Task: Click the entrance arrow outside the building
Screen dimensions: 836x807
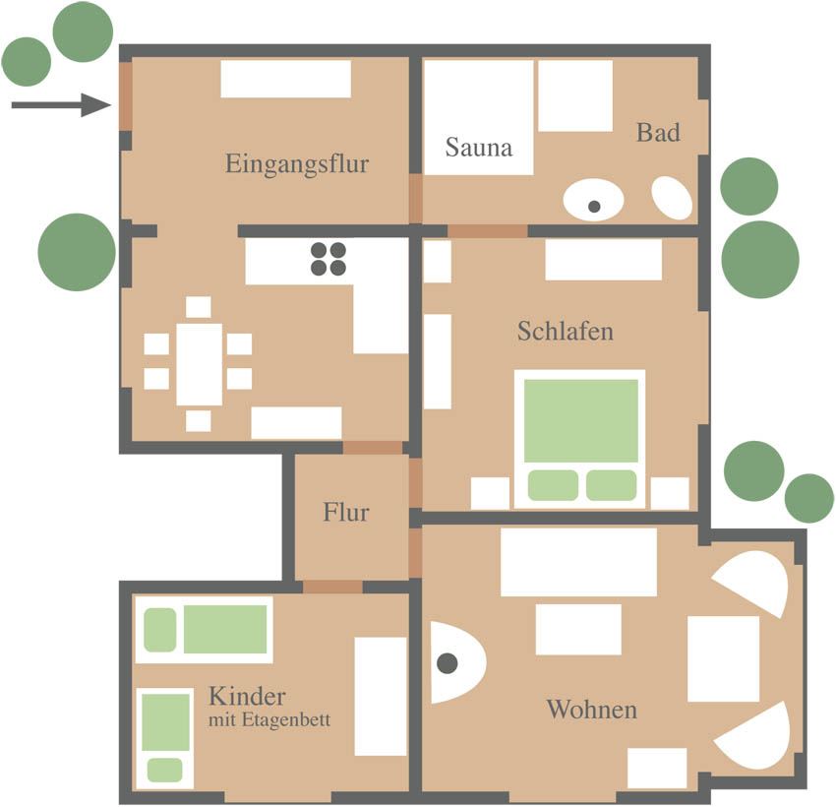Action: point(61,104)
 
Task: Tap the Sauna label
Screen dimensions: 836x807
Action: point(479,148)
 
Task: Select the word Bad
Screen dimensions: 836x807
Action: point(658,132)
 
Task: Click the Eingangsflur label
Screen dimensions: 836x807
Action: point(297,163)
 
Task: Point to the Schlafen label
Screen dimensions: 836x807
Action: point(566,332)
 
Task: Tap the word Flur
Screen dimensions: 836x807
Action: point(346,512)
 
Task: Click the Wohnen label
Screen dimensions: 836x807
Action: point(592,710)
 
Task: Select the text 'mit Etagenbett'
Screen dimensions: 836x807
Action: point(269,720)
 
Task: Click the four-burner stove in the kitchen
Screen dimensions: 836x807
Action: point(328,259)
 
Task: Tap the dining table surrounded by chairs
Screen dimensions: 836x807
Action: point(200,364)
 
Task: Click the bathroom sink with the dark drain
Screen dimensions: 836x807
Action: point(593,201)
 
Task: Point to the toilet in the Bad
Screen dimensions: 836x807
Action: point(672,198)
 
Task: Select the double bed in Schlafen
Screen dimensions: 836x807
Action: point(580,438)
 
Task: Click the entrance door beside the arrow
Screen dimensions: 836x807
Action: point(125,96)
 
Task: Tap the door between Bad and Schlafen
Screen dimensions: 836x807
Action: point(487,231)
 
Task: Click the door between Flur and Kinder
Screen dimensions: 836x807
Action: point(332,587)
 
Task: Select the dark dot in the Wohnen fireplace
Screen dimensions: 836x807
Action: point(448,663)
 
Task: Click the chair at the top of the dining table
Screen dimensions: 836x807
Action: point(199,307)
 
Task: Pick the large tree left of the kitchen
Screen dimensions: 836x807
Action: point(77,252)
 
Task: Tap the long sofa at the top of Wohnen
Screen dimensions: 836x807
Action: point(578,562)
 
